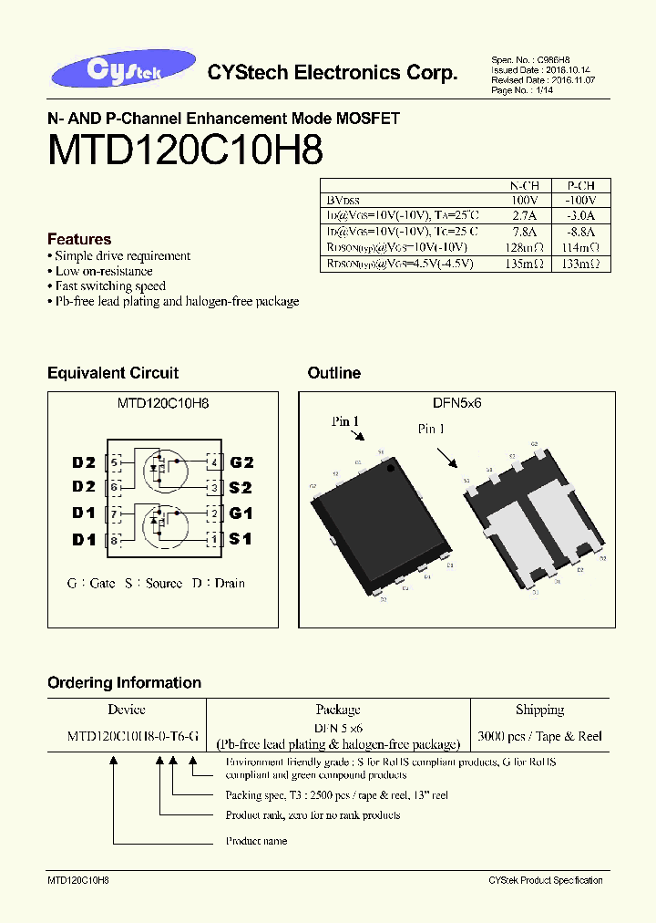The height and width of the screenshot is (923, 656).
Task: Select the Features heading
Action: tap(79, 239)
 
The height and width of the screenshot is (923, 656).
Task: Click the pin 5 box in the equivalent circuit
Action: tap(114, 462)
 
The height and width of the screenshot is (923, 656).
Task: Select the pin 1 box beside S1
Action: tap(214, 540)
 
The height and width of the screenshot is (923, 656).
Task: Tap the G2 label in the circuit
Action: tap(241, 462)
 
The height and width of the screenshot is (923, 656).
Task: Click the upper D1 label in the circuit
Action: tap(84, 513)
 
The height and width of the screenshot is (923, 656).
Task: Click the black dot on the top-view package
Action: tap(392, 468)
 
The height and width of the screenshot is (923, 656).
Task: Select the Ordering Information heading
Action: tap(124, 683)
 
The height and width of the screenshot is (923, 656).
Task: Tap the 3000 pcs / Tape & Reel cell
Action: tap(539, 736)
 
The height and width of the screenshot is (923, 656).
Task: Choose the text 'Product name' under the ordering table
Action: tap(256, 841)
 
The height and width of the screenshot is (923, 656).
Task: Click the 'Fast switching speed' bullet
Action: tap(109, 286)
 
